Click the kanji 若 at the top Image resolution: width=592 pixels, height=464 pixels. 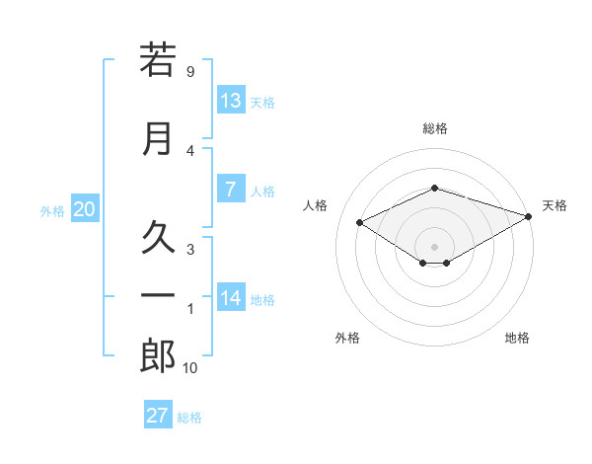[x=158, y=59]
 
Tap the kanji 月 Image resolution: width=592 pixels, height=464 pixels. [x=158, y=139]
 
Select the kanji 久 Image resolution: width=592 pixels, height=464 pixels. [x=158, y=237]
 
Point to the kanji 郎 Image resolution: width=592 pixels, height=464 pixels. [x=158, y=355]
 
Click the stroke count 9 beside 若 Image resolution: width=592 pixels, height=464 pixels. [x=190, y=71]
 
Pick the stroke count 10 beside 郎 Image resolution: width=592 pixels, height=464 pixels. [x=189, y=367]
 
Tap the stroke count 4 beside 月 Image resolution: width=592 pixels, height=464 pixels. [x=190, y=151]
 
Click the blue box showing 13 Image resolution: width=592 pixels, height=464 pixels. [x=231, y=100]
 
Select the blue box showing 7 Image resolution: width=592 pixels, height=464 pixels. [x=231, y=189]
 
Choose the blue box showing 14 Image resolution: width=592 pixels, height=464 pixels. [x=231, y=296]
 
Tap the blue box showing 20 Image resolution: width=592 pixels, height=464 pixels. [x=85, y=208]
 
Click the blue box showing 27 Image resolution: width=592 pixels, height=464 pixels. [x=158, y=414]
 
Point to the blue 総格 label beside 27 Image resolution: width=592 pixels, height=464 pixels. [x=189, y=418]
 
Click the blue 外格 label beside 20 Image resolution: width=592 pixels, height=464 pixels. [x=52, y=211]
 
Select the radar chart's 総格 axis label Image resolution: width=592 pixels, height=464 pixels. [x=435, y=128]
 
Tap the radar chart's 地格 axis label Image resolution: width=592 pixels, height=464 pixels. [x=517, y=338]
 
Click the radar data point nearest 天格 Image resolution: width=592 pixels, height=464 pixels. [x=529, y=216]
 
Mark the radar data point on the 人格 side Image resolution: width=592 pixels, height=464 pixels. [x=360, y=222]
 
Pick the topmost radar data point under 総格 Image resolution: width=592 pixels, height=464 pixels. [x=435, y=188]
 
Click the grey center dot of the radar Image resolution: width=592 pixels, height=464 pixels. [x=434, y=247]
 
